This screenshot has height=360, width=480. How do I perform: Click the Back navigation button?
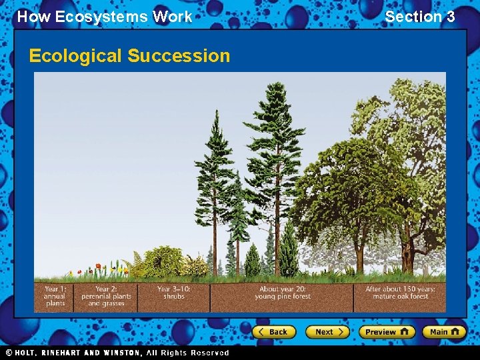point(273,331)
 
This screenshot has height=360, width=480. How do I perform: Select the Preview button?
point(387,331)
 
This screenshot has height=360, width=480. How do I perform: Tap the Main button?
point(444,331)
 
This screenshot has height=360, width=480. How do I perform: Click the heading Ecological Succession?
point(129,55)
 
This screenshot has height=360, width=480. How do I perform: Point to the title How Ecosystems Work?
point(104,17)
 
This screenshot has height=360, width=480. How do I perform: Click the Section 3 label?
point(420,17)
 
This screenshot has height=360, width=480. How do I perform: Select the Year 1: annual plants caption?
point(55,296)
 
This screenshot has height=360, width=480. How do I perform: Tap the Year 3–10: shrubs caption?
point(173,293)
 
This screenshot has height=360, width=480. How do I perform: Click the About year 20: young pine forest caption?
point(283,293)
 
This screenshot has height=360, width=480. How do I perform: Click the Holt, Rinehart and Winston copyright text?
point(117,353)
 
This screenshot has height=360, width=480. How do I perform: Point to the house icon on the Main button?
point(457,331)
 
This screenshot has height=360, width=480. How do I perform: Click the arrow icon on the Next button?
point(341,331)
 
